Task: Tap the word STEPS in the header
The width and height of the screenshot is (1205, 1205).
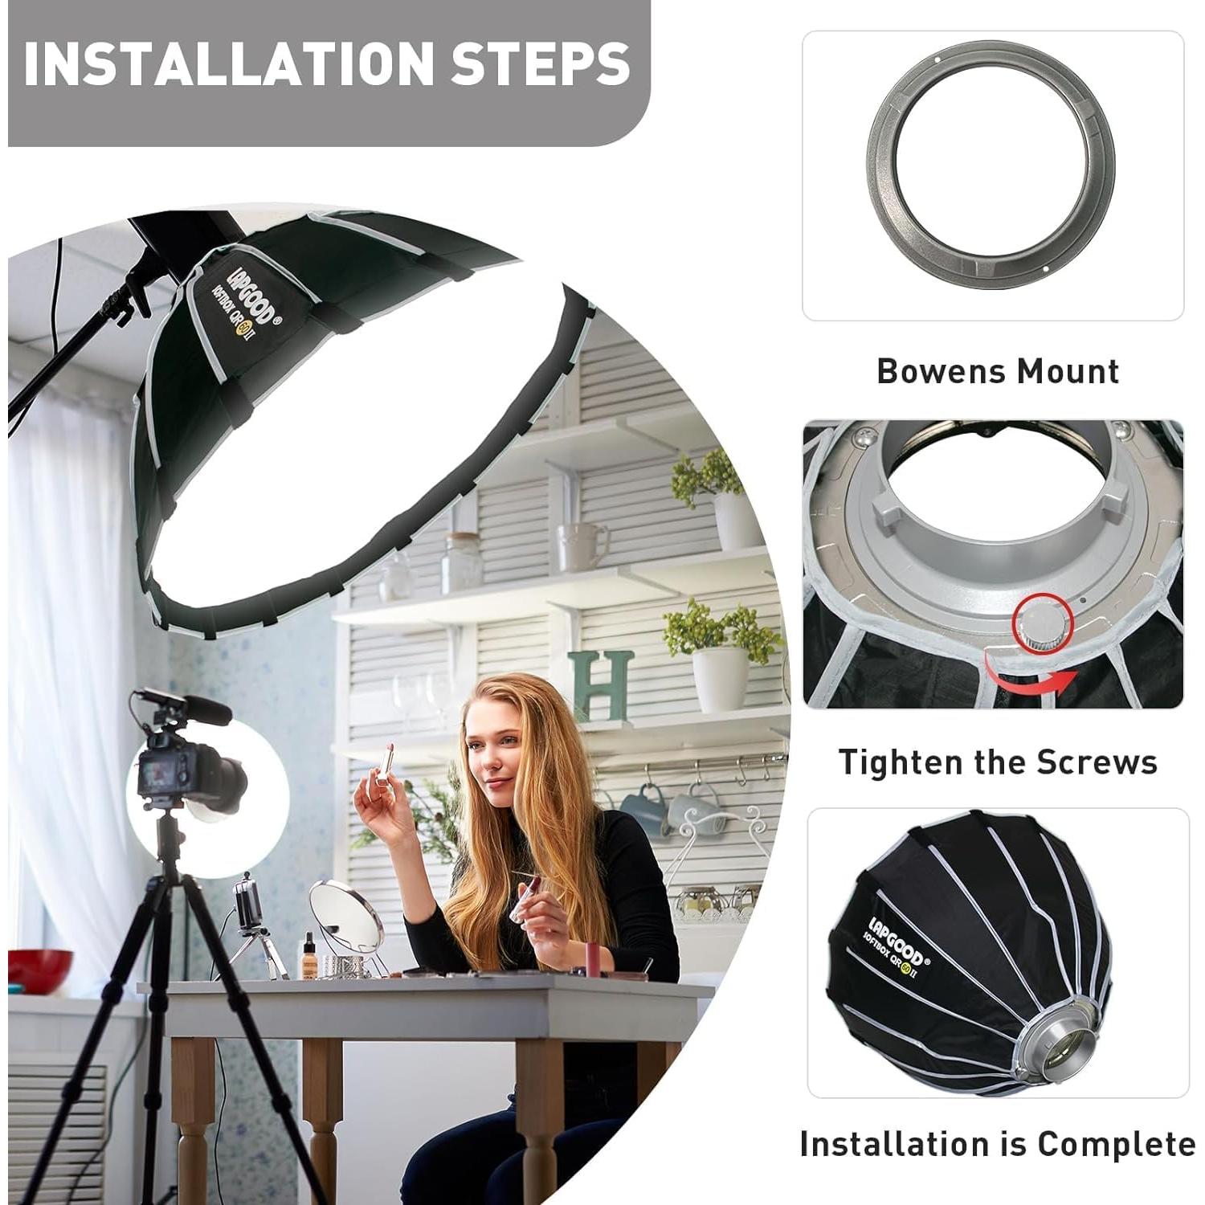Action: click(x=540, y=64)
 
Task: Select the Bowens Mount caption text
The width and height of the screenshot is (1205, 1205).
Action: click(x=997, y=371)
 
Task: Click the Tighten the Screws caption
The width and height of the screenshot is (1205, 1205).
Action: click(x=997, y=762)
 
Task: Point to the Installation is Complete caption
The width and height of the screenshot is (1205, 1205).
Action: click(x=997, y=1143)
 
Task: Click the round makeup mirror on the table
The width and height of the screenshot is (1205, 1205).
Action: click(x=345, y=915)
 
